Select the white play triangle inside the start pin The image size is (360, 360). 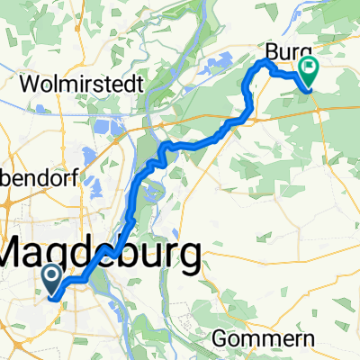click(51, 275)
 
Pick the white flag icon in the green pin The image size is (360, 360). click(310, 67)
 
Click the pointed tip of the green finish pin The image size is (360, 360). click(310, 88)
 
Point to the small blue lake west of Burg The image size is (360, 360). click(219, 65)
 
